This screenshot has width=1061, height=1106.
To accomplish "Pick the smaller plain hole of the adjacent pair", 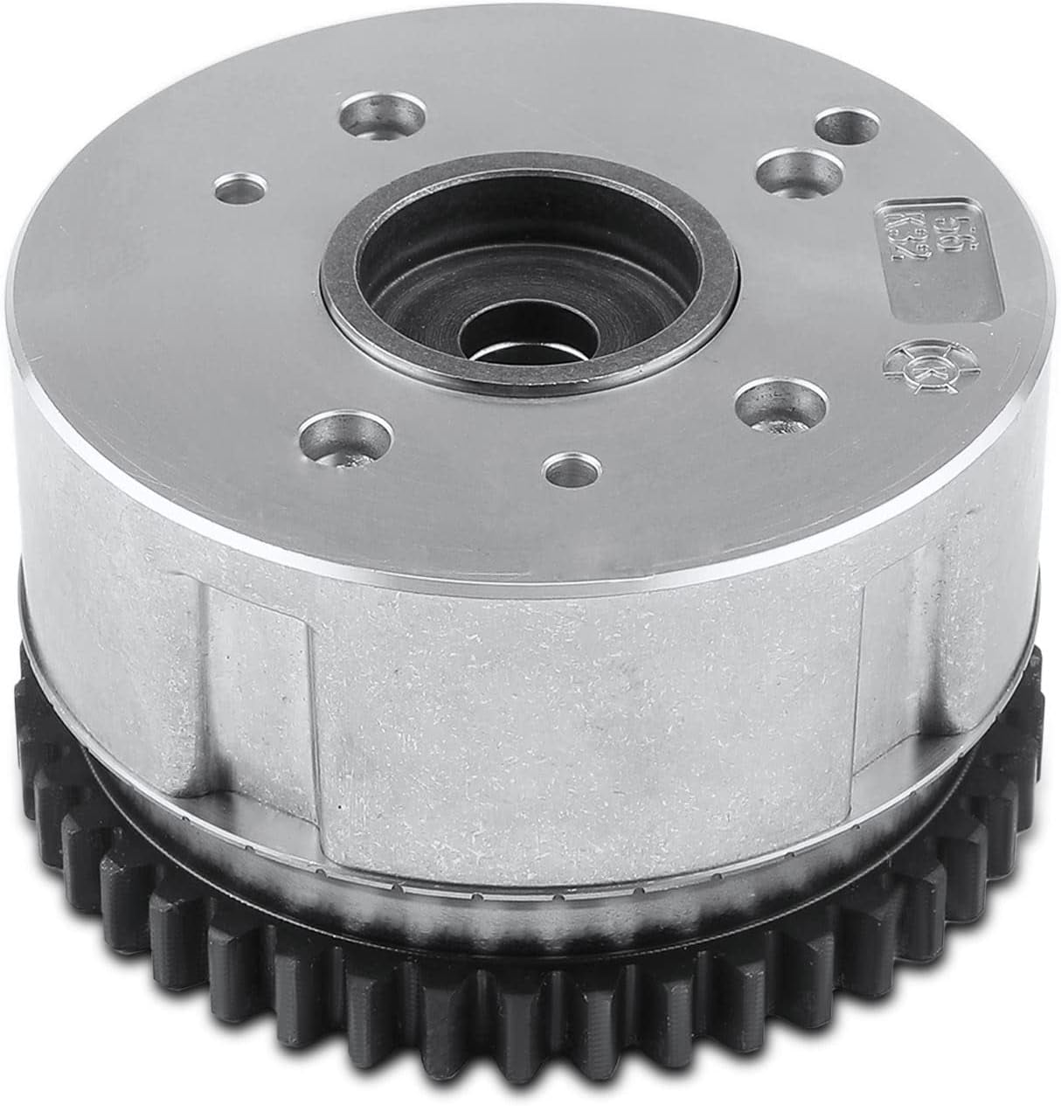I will tap(845, 125).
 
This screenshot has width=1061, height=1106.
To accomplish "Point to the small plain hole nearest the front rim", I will tap(570, 468).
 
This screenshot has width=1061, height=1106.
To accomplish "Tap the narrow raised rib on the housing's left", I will tap(262, 691).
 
